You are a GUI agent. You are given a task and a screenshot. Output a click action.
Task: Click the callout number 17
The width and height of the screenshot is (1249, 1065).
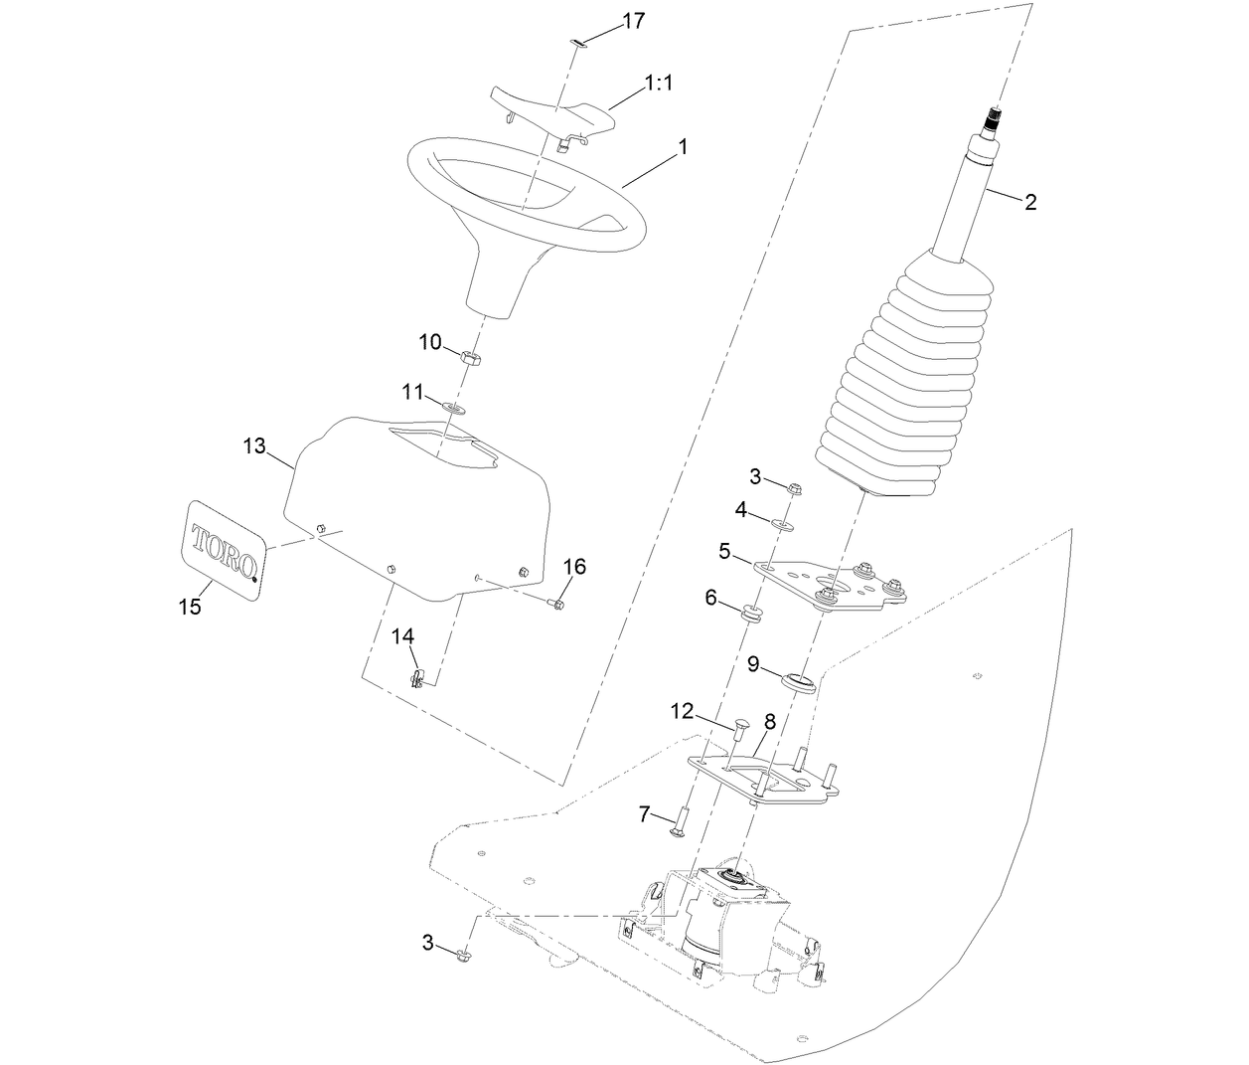coord(633,21)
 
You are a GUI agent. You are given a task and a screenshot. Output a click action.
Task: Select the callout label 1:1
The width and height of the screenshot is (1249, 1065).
coord(659,84)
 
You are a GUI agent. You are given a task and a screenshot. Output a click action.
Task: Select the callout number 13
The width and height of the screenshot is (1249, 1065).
coord(254,446)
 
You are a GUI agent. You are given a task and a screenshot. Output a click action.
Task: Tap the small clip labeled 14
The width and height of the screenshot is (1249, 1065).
coord(418,678)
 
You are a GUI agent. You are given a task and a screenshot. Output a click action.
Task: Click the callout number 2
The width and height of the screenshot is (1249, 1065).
coord(1030,203)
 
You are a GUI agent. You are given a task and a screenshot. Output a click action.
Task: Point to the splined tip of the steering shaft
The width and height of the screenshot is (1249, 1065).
coord(994,122)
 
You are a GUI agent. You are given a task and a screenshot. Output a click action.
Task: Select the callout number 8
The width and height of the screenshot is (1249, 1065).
coord(770,720)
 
